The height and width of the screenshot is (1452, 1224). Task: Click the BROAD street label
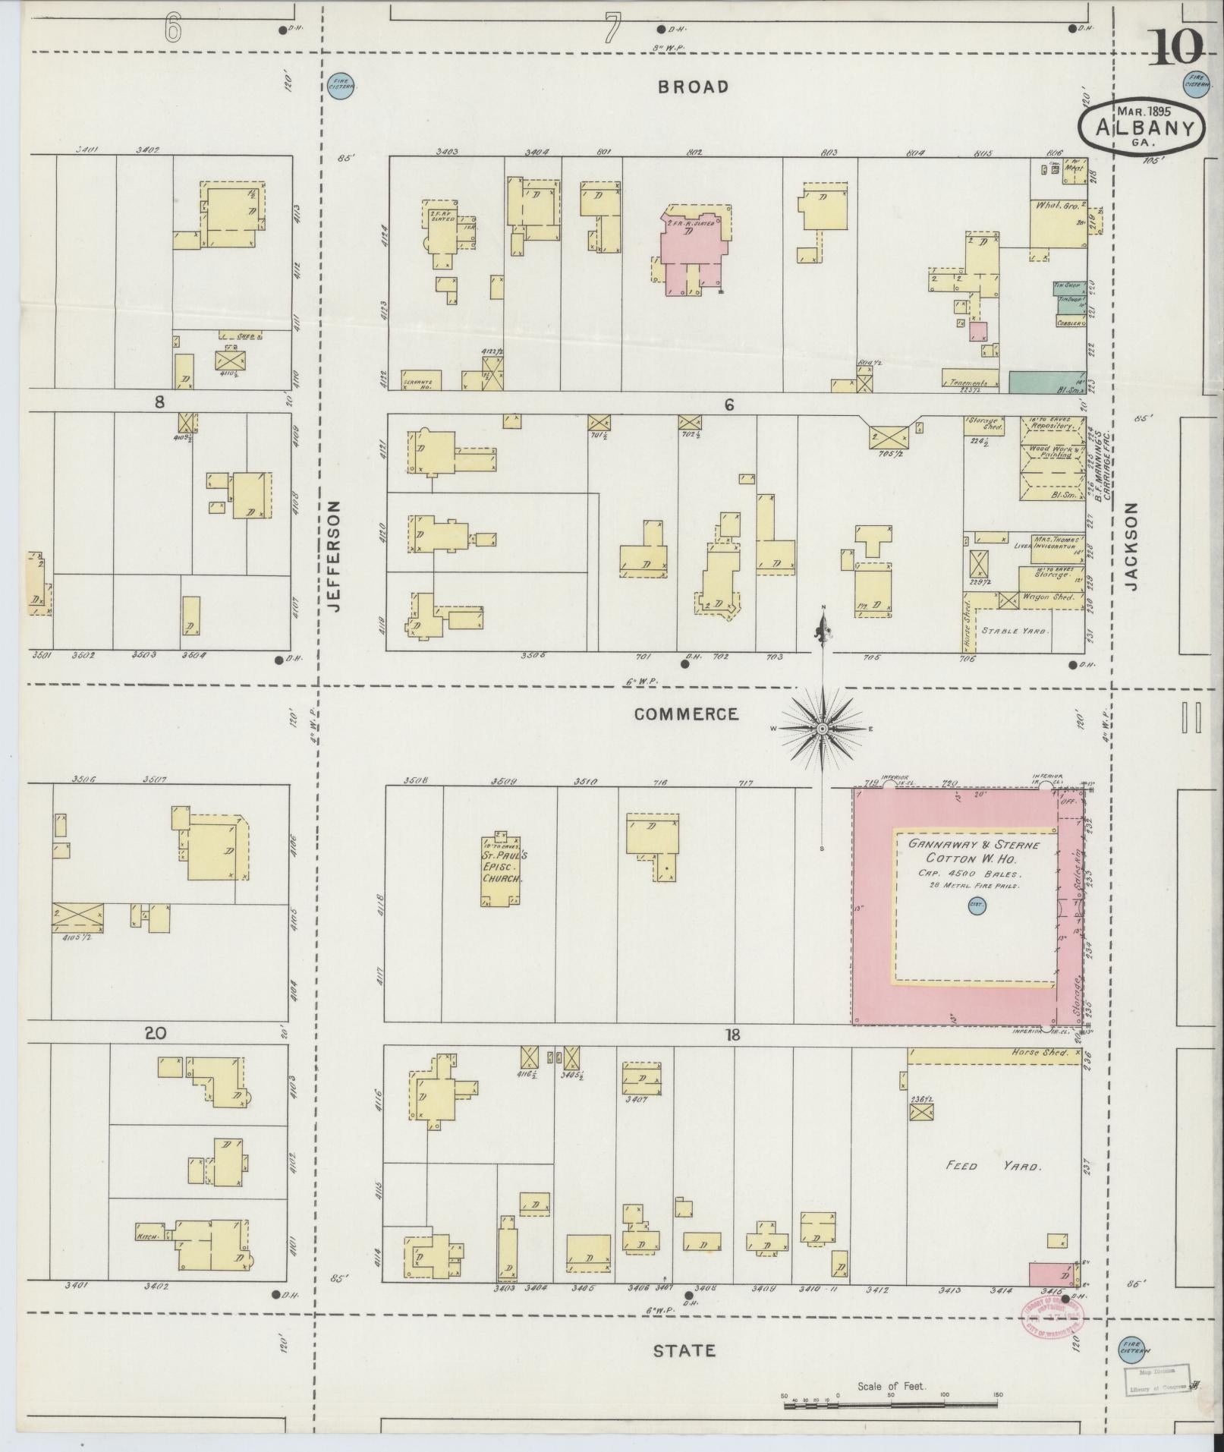692,87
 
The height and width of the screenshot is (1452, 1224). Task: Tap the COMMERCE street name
685,714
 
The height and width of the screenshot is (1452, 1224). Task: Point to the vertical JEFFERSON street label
335,556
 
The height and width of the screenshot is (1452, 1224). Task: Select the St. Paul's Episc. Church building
499,867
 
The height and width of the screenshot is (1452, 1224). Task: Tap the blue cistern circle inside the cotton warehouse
974,904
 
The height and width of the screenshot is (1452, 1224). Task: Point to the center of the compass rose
821,729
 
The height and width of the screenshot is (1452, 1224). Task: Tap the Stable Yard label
1015,631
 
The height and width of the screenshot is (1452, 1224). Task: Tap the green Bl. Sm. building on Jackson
1047,382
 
